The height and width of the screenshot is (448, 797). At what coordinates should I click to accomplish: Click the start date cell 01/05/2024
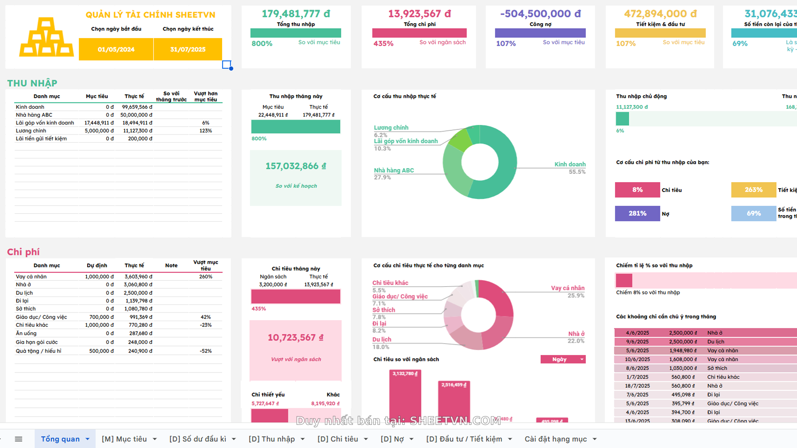(x=116, y=49)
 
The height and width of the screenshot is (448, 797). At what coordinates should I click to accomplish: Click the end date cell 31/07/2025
(x=188, y=49)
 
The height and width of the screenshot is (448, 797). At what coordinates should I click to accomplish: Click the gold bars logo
(x=46, y=37)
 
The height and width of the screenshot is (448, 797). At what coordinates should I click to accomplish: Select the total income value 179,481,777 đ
(x=296, y=14)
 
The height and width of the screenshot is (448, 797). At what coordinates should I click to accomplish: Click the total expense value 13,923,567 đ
(x=419, y=14)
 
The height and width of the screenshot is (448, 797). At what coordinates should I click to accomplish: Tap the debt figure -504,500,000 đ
(x=540, y=14)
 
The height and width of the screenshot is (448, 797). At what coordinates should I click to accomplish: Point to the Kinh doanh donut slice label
(x=570, y=164)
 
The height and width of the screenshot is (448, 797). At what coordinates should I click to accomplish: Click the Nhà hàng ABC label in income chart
(x=394, y=170)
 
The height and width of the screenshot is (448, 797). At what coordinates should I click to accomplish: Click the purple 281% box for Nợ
(x=637, y=213)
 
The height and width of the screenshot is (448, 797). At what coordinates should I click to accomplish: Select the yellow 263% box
(x=753, y=190)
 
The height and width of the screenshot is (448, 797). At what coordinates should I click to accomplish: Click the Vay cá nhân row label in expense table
(x=31, y=277)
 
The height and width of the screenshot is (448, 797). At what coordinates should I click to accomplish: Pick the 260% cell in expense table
(x=205, y=277)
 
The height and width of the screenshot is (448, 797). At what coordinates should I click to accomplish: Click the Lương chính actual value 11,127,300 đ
(x=137, y=131)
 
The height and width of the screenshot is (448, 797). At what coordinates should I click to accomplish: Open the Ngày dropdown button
(x=563, y=359)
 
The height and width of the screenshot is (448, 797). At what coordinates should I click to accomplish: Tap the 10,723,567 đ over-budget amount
(x=295, y=338)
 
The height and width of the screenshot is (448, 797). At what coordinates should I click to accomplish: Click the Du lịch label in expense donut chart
(x=381, y=339)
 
